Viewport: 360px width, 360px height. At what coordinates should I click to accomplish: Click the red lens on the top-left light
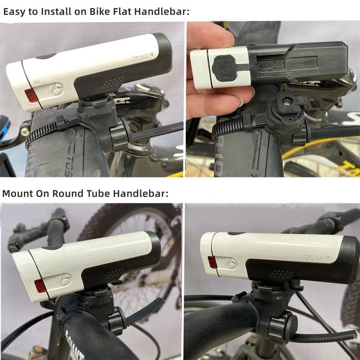pyautogui.click(x=32, y=95)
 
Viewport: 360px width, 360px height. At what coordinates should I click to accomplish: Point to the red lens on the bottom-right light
pyautogui.click(x=212, y=262)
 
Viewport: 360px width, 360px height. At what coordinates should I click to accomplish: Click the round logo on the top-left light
pyautogui.click(x=57, y=89)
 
